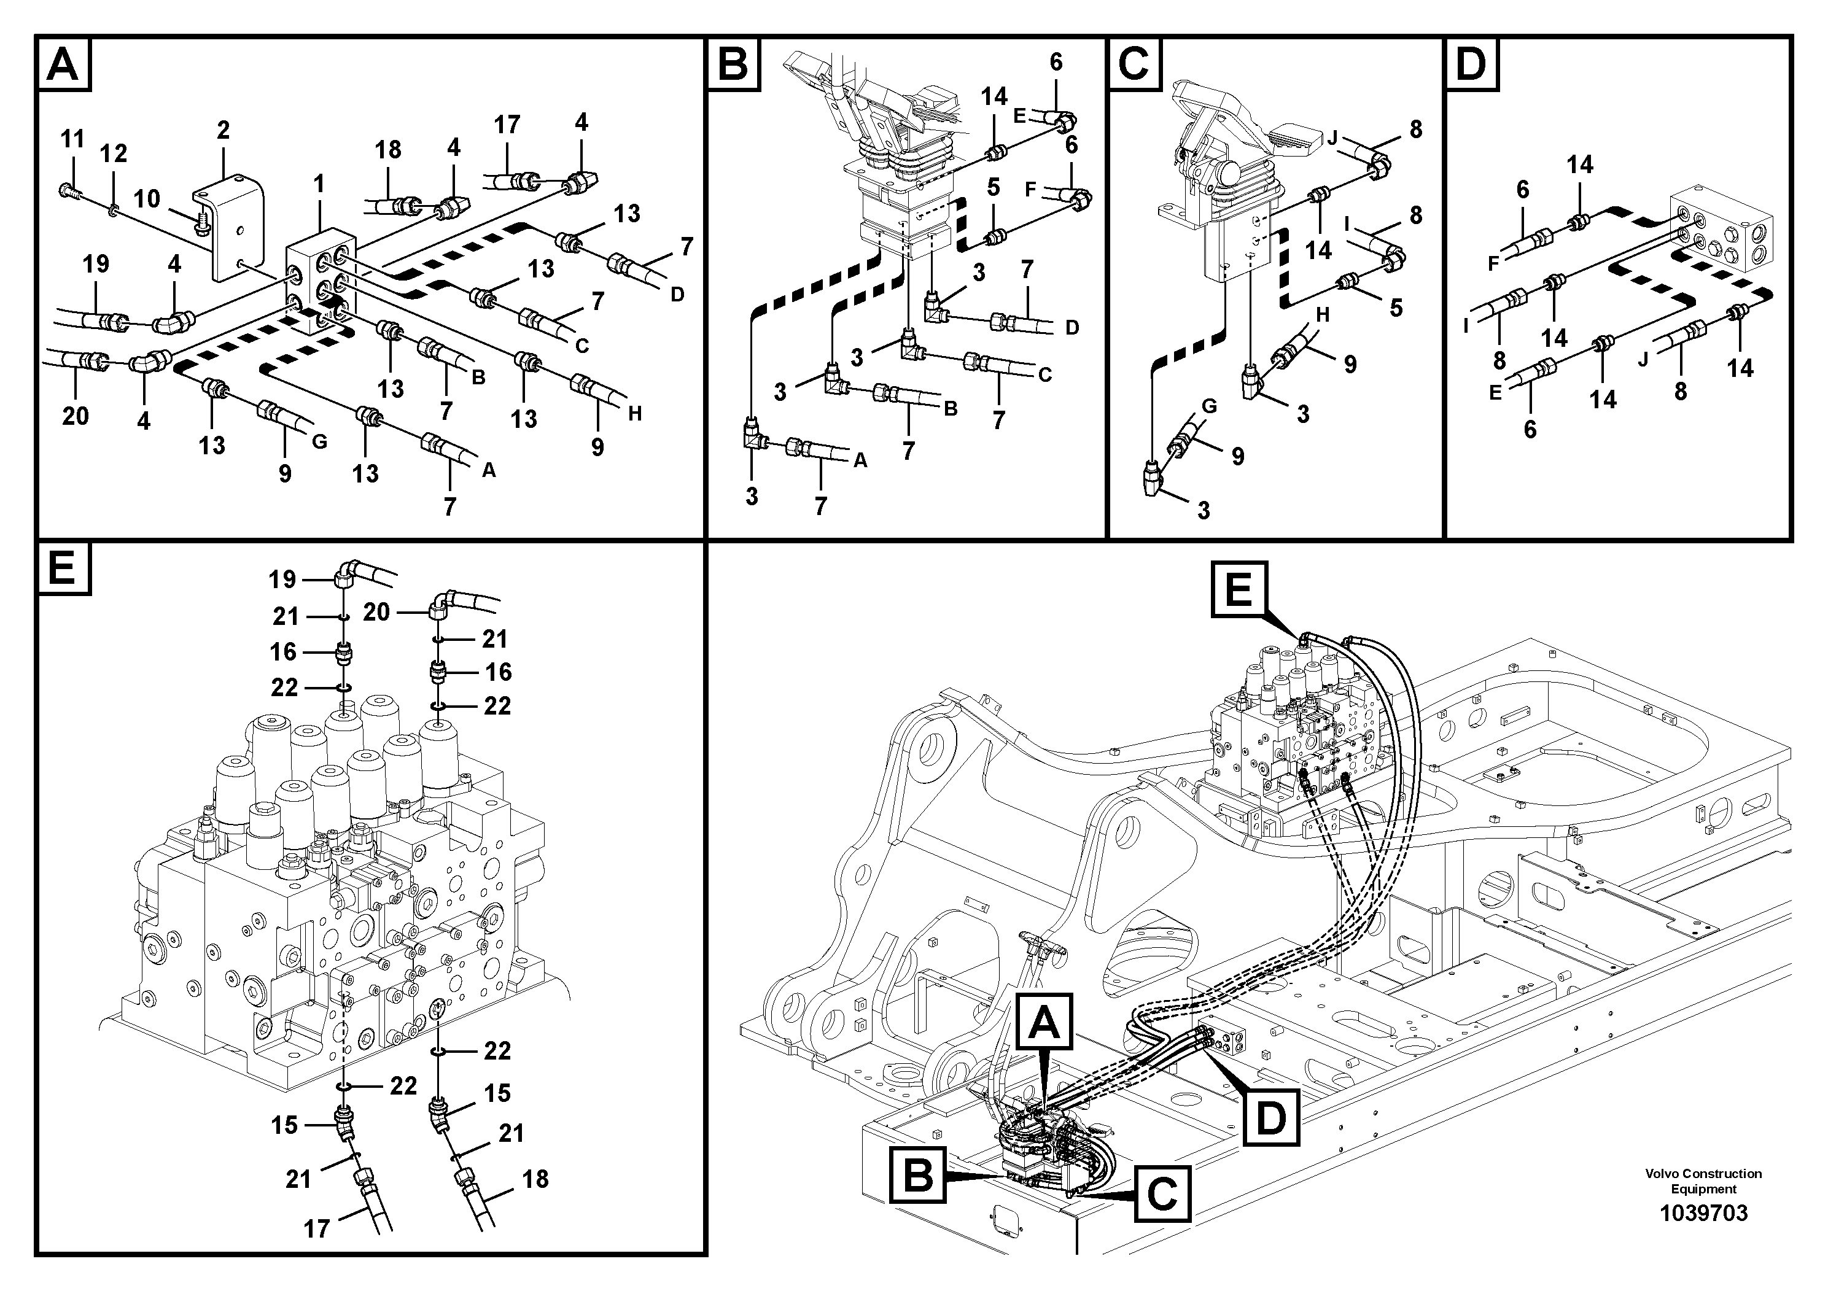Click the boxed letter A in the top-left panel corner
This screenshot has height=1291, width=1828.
(x=63, y=64)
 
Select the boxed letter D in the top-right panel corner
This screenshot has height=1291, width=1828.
(x=1471, y=64)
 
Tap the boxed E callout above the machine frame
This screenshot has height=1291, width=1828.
(x=1238, y=590)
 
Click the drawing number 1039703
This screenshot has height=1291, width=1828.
(x=1703, y=1214)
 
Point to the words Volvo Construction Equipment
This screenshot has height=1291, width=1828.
(x=1703, y=1181)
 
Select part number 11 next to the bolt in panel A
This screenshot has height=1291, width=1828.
(x=72, y=139)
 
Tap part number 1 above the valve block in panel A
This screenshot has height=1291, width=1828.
(x=319, y=185)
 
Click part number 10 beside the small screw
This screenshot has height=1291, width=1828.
(x=147, y=198)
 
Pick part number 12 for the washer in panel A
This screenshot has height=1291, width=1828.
(x=113, y=153)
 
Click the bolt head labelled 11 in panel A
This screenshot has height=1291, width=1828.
(x=67, y=190)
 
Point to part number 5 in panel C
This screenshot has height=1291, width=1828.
(x=1396, y=308)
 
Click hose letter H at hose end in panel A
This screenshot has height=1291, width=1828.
(x=634, y=414)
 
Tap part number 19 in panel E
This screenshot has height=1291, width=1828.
(x=282, y=580)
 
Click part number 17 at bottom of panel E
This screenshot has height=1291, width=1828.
(x=316, y=1230)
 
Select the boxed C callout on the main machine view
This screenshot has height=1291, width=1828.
(x=1162, y=1194)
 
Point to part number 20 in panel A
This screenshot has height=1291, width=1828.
(x=76, y=416)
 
